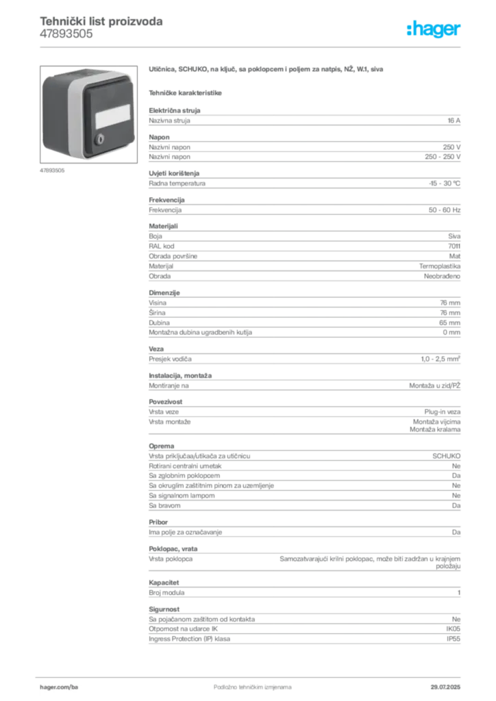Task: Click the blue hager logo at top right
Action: point(434,29)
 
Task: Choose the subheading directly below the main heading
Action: point(186,92)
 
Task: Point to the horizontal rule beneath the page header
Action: point(251,46)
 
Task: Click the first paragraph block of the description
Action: point(304,120)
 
